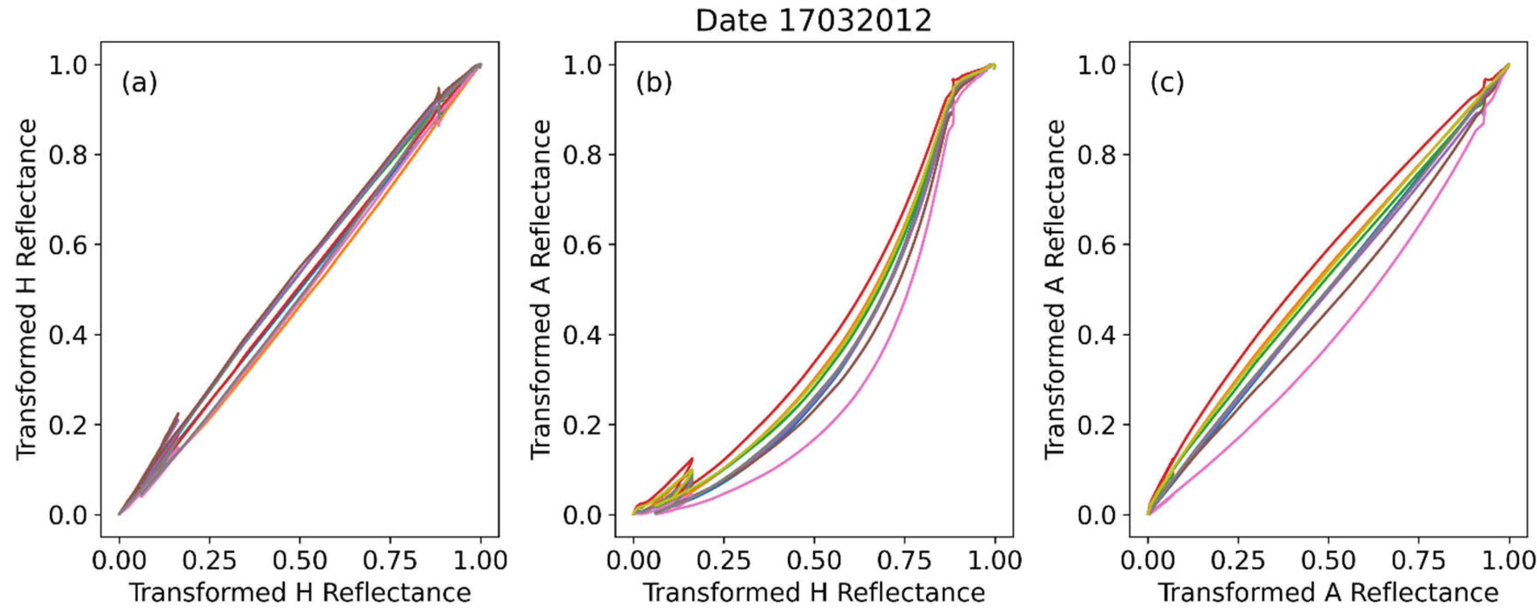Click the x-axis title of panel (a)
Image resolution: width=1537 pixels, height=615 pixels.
pyautogui.click(x=300, y=593)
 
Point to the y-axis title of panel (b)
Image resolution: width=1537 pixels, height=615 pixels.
pyautogui.click(x=541, y=289)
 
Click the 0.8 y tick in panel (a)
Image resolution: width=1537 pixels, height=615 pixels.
pyautogui.click(x=67, y=155)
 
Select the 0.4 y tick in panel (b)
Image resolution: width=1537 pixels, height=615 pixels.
pyautogui.click(x=582, y=335)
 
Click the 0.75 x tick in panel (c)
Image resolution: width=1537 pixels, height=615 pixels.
pyautogui.click(x=1418, y=561)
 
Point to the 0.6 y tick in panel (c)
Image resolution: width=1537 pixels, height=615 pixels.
pyautogui.click(x=1096, y=245)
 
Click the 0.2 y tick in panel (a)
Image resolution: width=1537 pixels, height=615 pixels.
pyautogui.click(x=67, y=425)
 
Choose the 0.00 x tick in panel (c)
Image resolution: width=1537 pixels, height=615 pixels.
pyautogui.click(x=1148, y=561)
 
